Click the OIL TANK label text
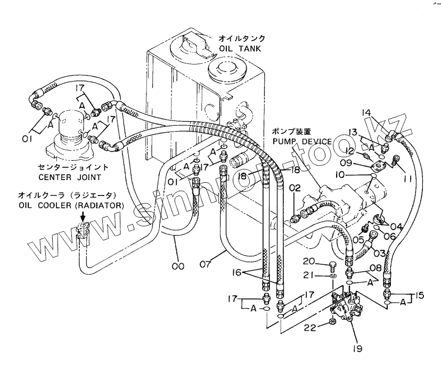click(240, 48)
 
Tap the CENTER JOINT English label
click(69, 177)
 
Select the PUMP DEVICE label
click(302, 141)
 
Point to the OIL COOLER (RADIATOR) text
click(71, 206)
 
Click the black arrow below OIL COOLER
click(83, 216)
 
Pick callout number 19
click(357, 348)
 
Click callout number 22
click(310, 327)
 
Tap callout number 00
click(178, 266)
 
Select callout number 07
click(206, 264)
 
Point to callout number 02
click(295, 188)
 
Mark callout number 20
click(309, 262)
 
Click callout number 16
click(237, 272)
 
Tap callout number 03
click(379, 253)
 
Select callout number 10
click(340, 175)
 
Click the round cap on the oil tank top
click(227, 70)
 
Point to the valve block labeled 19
click(347, 307)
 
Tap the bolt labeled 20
click(332, 265)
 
